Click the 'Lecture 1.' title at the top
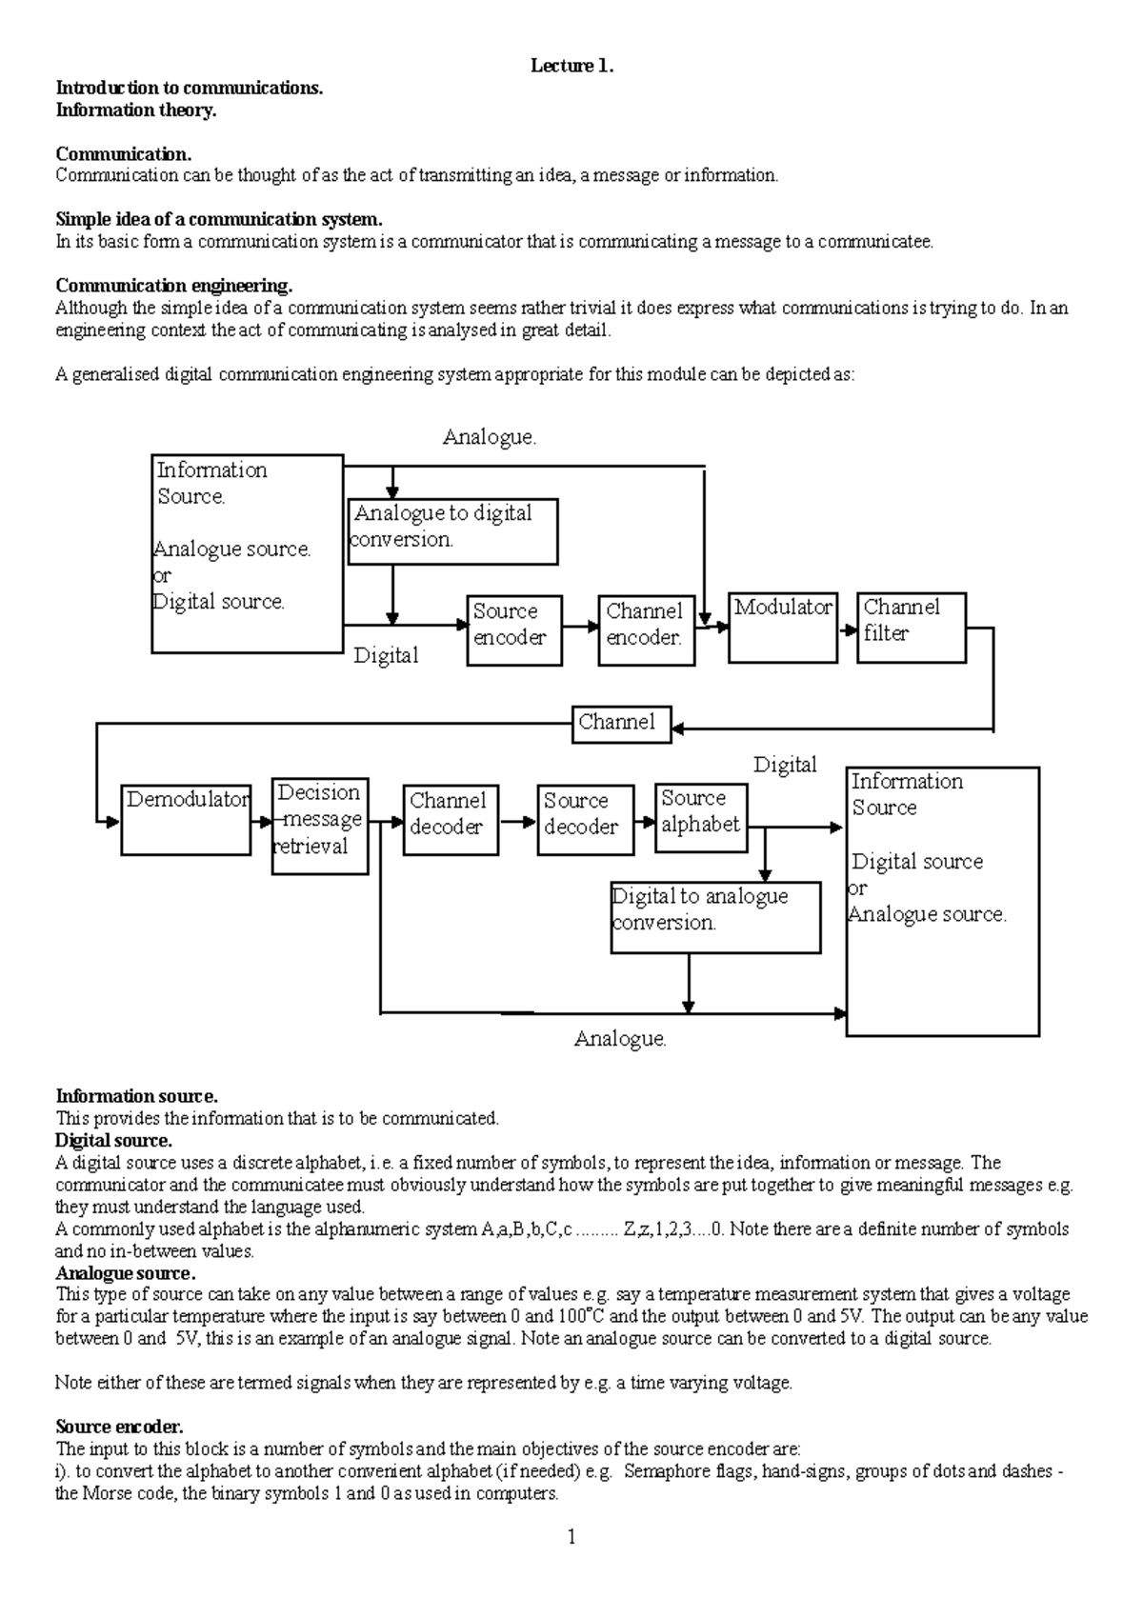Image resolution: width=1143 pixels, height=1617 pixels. [571, 66]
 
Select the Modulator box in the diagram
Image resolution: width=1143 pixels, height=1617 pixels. [782, 628]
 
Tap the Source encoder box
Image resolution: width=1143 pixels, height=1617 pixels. [514, 630]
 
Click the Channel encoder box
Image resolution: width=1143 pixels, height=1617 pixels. [646, 630]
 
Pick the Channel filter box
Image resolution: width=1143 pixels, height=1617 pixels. [912, 628]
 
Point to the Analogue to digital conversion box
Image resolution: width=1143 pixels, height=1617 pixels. [452, 531]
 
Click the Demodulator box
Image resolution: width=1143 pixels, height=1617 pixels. [186, 819]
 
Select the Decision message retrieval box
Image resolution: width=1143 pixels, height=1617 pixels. [319, 826]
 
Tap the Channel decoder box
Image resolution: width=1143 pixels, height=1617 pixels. [451, 820]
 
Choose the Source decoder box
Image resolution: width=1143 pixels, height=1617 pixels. [585, 820]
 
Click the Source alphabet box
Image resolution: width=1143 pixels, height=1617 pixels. [700, 817]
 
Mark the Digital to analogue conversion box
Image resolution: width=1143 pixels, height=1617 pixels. [715, 917]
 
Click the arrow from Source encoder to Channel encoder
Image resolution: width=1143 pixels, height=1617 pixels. [580, 628]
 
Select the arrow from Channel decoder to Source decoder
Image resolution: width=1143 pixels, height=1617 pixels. [518, 821]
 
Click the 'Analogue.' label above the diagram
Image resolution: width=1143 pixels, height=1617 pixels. [490, 437]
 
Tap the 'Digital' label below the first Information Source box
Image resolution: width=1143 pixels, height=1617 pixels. [386, 655]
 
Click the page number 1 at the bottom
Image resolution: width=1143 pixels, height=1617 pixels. [571, 1536]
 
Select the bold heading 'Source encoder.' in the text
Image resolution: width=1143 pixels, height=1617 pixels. [119, 1427]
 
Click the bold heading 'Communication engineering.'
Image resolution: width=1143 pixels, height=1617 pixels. [173, 286]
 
